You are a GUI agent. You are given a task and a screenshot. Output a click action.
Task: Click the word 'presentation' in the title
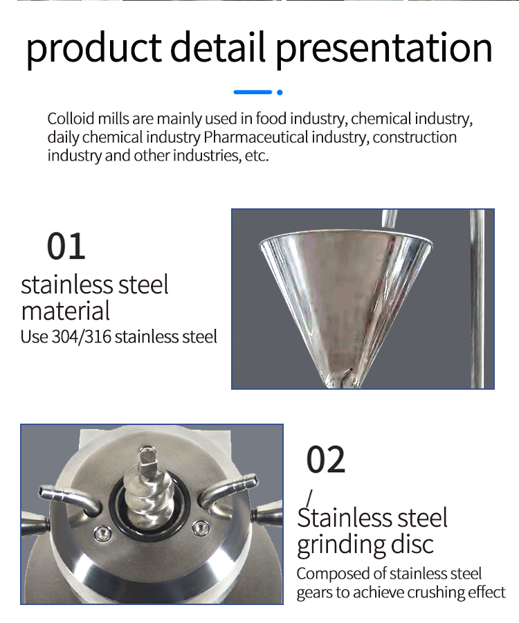click(383, 48)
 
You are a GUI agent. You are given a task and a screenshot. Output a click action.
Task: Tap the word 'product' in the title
click(94, 48)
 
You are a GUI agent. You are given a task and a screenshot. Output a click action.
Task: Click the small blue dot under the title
click(280, 93)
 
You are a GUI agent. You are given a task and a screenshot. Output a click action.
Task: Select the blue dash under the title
click(253, 92)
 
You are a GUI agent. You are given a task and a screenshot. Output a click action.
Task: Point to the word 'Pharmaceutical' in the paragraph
click(256, 137)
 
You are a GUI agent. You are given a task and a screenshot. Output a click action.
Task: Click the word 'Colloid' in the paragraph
click(71, 118)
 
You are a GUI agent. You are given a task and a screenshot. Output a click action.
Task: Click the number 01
click(66, 246)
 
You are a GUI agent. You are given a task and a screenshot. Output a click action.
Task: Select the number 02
click(326, 460)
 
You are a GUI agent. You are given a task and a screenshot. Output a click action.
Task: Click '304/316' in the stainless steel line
click(82, 336)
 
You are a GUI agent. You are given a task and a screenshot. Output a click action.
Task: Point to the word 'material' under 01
click(66, 311)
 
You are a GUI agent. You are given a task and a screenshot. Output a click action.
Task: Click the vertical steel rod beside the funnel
click(477, 299)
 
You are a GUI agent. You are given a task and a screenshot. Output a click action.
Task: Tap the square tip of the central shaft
click(147, 457)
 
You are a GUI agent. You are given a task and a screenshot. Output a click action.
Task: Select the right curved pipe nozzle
click(227, 490)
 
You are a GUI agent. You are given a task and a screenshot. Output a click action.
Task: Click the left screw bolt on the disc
click(102, 533)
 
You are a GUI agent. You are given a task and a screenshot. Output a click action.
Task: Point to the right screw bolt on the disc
click(200, 527)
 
